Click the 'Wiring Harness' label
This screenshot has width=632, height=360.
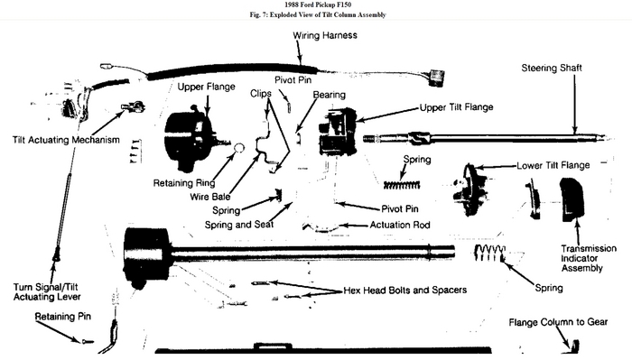tap(332, 35)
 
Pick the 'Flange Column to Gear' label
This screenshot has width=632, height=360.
tap(558, 322)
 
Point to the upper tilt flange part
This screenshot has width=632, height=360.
tap(338, 132)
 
